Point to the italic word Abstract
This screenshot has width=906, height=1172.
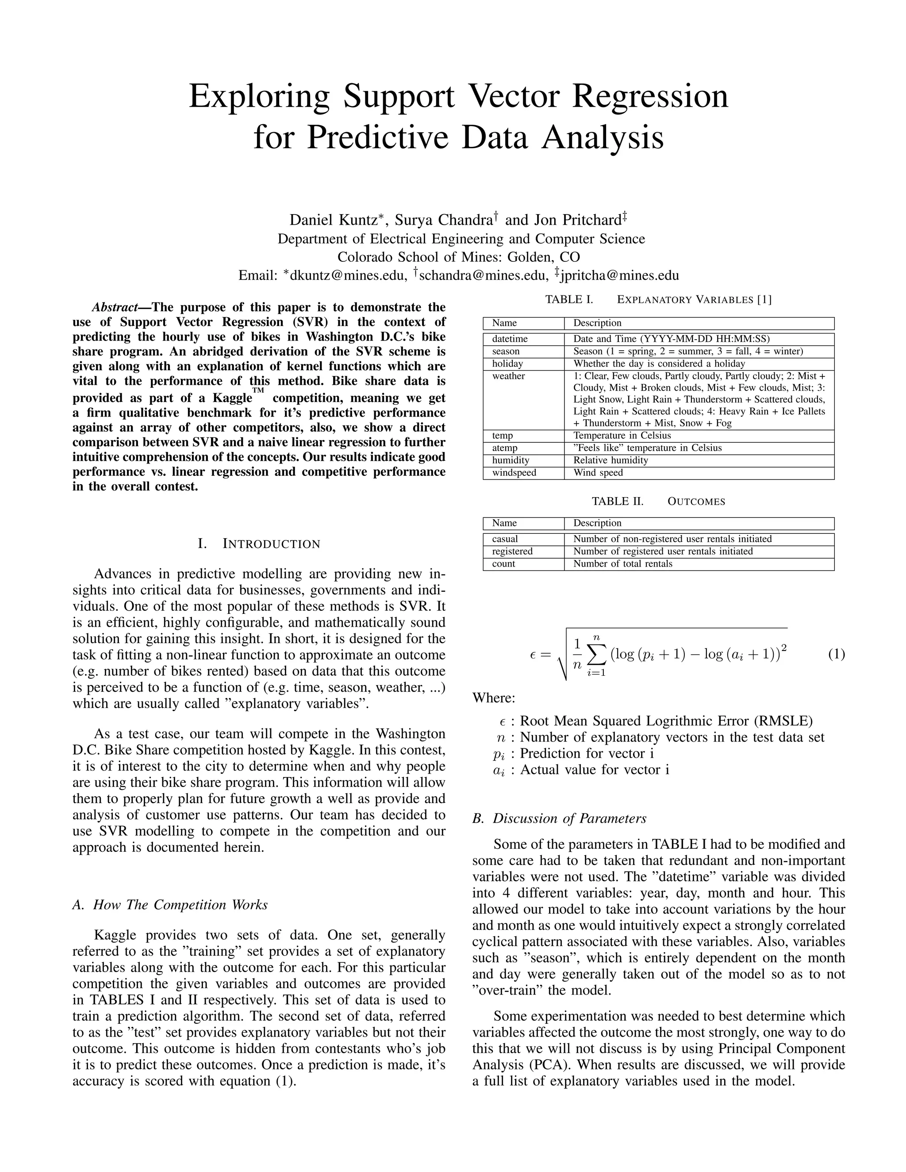114,307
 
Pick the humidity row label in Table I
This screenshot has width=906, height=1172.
511,460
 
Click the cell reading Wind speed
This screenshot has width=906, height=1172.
598,473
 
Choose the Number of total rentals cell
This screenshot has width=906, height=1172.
622,564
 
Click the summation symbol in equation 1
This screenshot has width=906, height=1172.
596,654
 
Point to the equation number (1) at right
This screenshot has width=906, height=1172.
836,654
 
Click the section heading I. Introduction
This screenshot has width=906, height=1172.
259,544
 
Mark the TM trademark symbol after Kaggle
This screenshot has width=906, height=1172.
258,391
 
